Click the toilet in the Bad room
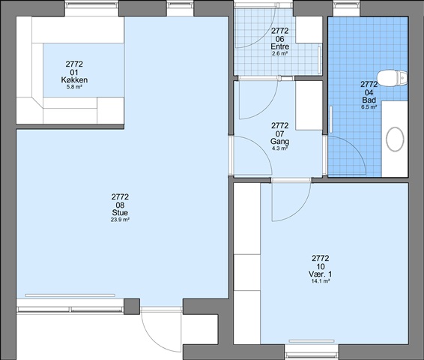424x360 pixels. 392,78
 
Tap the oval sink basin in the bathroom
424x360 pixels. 395,139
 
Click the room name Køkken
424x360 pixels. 74,80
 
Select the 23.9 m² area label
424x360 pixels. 120,220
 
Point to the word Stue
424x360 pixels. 120,213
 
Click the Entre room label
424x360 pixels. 280,46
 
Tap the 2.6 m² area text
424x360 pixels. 280,53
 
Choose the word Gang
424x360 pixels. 280,141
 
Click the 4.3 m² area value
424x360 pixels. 280,148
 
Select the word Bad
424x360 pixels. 369,100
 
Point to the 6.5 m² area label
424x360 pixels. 369,107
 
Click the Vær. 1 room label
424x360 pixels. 321,274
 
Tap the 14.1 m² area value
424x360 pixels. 321,281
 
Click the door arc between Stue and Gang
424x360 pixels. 261,146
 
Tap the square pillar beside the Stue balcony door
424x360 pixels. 132,307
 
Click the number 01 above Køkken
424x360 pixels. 74,72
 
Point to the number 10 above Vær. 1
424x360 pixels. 321,266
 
